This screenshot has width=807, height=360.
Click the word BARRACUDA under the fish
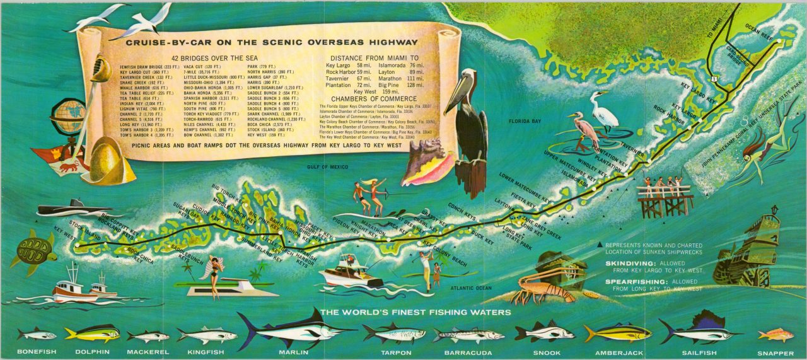pyautogui.click(x=468, y=352)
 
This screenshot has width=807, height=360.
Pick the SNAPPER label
pyautogui.click(x=775, y=353)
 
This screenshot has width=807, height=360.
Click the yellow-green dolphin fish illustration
pyautogui.click(x=92, y=333)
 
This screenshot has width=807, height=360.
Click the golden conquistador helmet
pyautogui.click(x=108, y=162)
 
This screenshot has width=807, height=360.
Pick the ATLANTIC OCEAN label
pyautogui.click(x=470, y=288)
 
